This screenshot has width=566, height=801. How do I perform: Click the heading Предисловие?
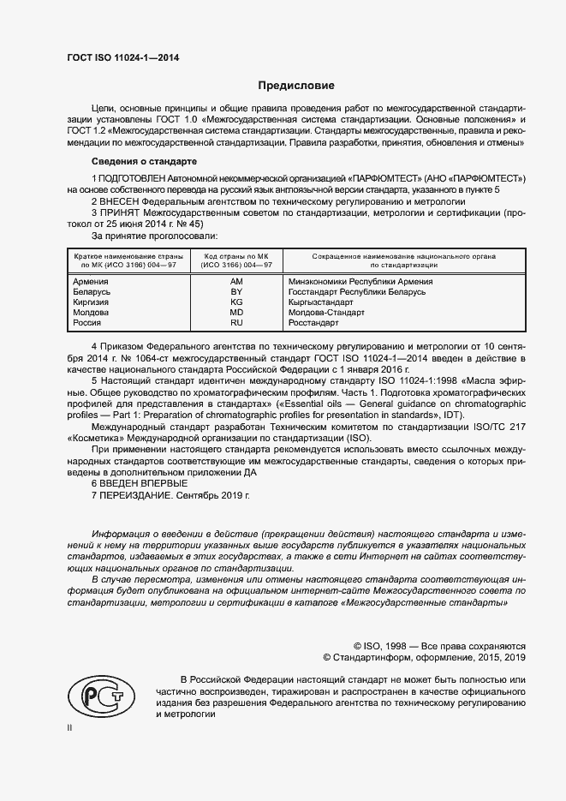(x=296, y=86)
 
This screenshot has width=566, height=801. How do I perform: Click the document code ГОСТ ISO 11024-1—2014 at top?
(x=123, y=57)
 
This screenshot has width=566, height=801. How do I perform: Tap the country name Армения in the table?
(x=91, y=282)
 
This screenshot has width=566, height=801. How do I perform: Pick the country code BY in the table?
(x=237, y=292)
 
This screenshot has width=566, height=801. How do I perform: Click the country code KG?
(x=237, y=302)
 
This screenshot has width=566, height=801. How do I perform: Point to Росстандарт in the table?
(x=313, y=323)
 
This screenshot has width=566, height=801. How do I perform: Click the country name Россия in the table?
(x=87, y=323)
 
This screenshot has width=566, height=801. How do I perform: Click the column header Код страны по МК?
(x=237, y=256)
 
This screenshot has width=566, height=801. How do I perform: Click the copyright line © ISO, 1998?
(x=439, y=646)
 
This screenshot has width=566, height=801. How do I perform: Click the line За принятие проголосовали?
(x=154, y=234)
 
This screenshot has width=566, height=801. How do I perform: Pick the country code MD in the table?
(x=237, y=313)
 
